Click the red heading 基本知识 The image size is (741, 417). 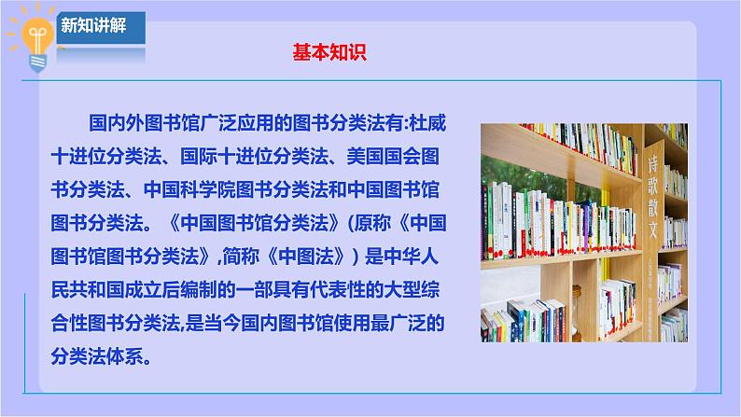pyautogui.click(x=329, y=52)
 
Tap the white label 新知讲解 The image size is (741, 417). pyautogui.click(x=93, y=25)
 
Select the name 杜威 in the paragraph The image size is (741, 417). pyautogui.click(x=427, y=123)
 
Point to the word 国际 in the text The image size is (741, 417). pyautogui.click(x=199, y=157)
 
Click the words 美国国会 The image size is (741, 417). pyautogui.click(x=384, y=157)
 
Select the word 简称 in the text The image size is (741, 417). pyautogui.click(x=241, y=257)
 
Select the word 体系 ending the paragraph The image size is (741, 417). pyautogui.click(x=125, y=356)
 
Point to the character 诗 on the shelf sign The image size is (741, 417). pyautogui.click(x=652, y=164)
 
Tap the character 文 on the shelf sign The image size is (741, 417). pyautogui.click(x=652, y=229)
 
